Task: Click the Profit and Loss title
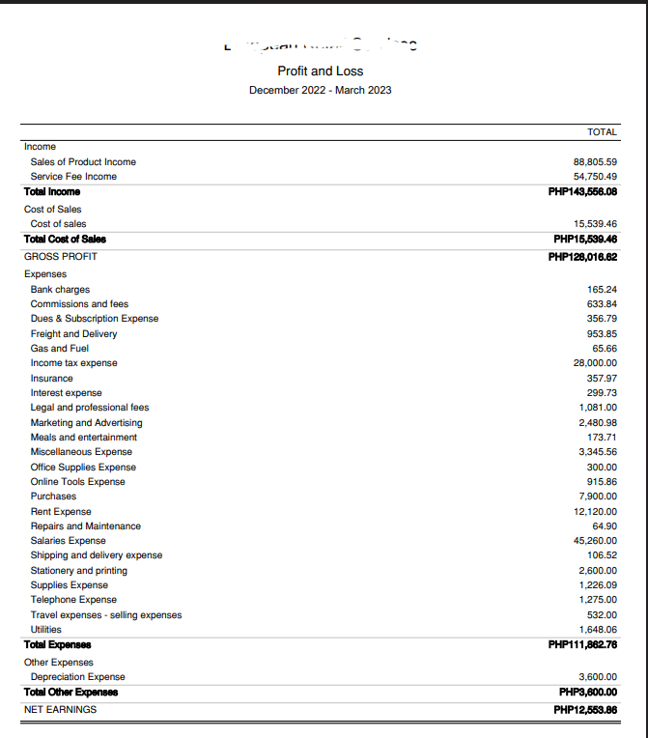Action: tap(320, 71)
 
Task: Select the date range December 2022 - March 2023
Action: tap(320, 90)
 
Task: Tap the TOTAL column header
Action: tap(602, 131)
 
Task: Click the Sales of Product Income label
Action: tap(83, 161)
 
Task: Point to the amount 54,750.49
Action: tap(595, 177)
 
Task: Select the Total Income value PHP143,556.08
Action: tap(582, 191)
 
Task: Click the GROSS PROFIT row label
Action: tap(61, 256)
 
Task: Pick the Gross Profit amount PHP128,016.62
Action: tap(582, 256)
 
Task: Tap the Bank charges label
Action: tap(60, 289)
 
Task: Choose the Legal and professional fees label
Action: tap(90, 408)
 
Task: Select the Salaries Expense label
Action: tap(69, 541)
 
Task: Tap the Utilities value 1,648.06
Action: tap(598, 630)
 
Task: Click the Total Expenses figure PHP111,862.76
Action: tap(582, 644)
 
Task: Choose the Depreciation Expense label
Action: tap(77, 677)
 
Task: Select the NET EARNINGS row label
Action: tap(61, 709)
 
